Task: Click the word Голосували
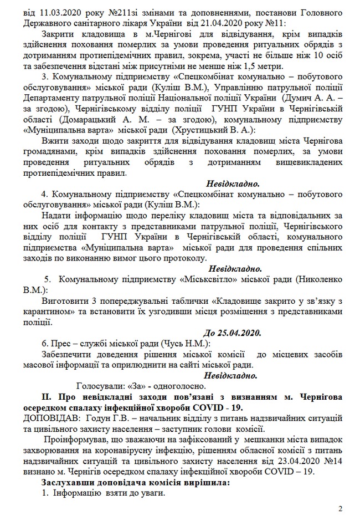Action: [x=99, y=386]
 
